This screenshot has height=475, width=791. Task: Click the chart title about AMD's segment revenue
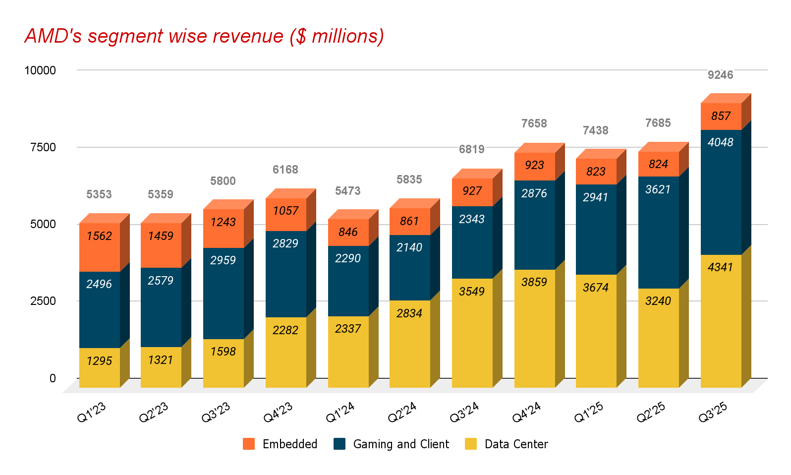coord(204,36)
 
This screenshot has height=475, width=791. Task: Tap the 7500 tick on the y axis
coord(43,147)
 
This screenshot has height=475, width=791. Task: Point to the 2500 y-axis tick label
coord(43,301)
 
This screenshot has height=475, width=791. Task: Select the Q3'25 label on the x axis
coord(713,412)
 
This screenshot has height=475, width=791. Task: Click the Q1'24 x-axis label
coord(340,412)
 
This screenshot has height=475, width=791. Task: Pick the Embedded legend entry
coord(281,444)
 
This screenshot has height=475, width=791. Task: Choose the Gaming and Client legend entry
coord(392,444)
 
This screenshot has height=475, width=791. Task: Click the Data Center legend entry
coord(507,444)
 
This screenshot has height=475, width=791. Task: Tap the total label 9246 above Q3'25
coord(720,75)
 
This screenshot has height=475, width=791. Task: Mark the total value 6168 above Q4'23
coord(285,170)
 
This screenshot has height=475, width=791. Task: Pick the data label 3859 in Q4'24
coord(534,282)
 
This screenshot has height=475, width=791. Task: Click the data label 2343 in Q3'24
coord(472,219)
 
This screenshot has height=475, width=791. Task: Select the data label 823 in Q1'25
coord(596,172)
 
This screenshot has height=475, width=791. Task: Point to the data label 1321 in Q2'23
coord(161,360)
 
